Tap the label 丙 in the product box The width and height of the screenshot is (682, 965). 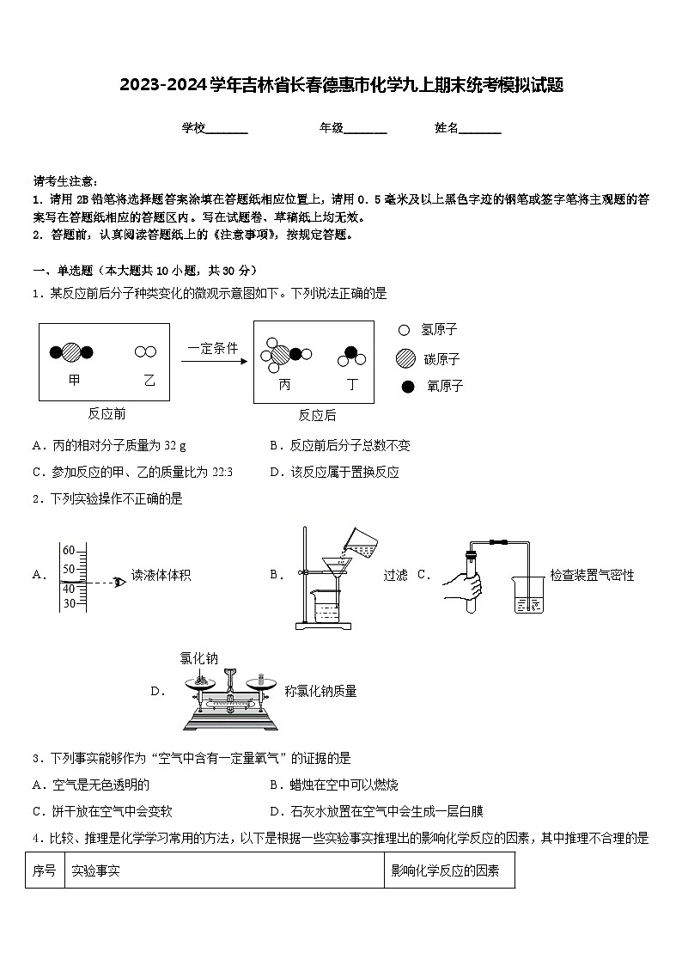coord(284,385)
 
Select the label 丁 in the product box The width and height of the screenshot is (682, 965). coord(352,385)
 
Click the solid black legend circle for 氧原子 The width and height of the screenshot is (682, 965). coord(407,387)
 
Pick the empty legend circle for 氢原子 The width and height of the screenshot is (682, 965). coord(404,330)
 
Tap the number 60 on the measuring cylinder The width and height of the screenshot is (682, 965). coord(69,551)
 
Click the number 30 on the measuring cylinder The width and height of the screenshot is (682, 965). coord(69,603)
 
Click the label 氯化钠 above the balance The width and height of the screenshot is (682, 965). coord(199,659)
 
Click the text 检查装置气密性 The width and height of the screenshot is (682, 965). coord(592,575)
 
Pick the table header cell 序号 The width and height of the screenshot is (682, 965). coord(45,870)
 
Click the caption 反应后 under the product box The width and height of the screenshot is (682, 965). coord(317,415)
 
